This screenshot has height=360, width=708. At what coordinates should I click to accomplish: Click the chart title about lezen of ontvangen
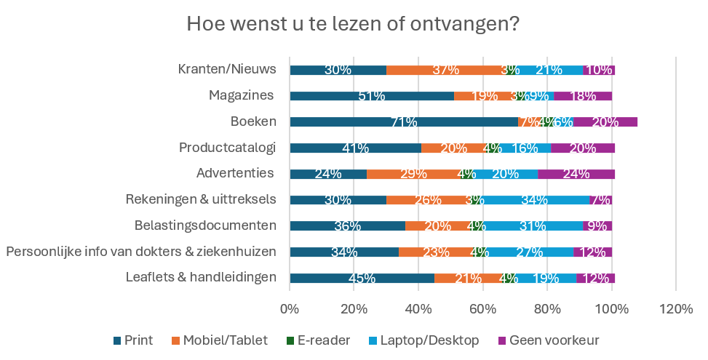pyautogui.click(x=353, y=24)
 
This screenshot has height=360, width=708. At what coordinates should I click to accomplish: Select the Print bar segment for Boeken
pyautogui.click(x=403, y=121)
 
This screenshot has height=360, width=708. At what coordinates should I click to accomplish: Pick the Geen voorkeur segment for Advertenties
pyautogui.click(x=576, y=174)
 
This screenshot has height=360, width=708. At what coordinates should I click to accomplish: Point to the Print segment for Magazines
pyautogui.click(x=371, y=96)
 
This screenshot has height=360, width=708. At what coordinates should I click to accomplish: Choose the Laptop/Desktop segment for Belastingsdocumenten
pyautogui.click(x=533, y=225)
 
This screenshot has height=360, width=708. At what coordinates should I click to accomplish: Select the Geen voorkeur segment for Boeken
pyautogui.click(x=605, y=121)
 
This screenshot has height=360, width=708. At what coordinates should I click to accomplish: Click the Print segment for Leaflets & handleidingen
pyautogui.click(x=362, y=278)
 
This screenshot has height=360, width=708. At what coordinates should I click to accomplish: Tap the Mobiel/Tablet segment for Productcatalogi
pyautogui.click(x=453, y=148)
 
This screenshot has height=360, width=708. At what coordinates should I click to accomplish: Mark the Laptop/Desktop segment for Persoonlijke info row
pyautogui.click(x=529, y=252)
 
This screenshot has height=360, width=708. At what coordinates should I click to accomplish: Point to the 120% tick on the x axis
pyautogui.click(x=676, y=308)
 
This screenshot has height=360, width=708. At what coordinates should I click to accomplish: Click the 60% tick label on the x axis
pyautogui.click(x=482, y=308)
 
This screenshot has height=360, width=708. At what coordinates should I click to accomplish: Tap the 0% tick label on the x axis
pyautogui.click(x=290, y=308)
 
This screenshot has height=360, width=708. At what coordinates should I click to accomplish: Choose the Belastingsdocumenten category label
pyautogui.click(x=205, y=225)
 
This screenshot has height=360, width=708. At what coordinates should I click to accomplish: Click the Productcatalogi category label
pyautogui.click(x=227, y=148)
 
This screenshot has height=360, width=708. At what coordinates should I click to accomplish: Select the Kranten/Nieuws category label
pyautogui.click(x=227, y=70)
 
